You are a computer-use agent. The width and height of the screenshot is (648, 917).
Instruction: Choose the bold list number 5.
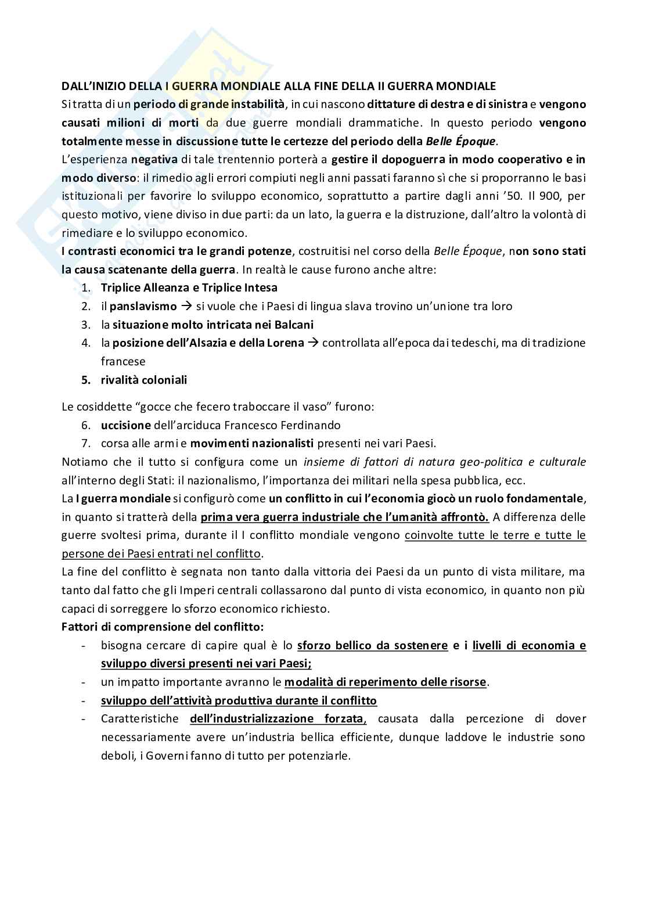[86, 380]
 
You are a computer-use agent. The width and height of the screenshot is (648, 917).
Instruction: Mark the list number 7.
[86, 444]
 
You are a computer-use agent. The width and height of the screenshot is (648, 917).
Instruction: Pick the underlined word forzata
[343, 719]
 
